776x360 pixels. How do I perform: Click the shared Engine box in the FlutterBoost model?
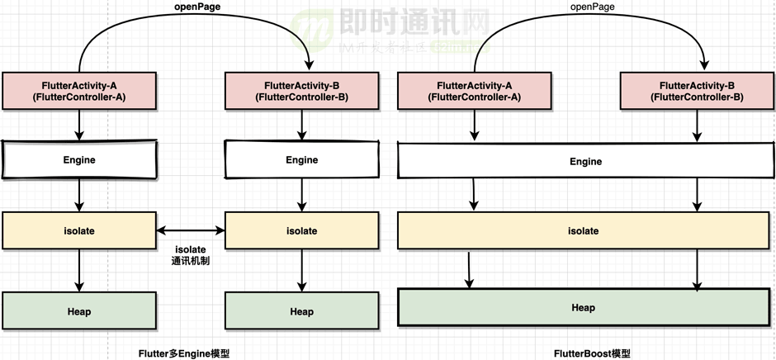pyautogui.click(x=585, y=161)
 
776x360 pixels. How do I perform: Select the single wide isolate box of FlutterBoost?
pyautogui.click(x=585, y=231)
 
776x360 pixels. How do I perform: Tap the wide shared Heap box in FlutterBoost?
pyautogui.click(x=584, y=308)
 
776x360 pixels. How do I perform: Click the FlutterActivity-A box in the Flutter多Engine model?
pyautogui.click(x=79, y=91)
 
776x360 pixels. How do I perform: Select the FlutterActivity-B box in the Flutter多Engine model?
pyautogui.click(x=301, y=91)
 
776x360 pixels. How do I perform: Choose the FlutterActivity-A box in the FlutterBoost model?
pyautogui.click(x=474, y=91)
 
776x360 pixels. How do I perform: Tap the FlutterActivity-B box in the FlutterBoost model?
pyautogui.click(x=697, y=91)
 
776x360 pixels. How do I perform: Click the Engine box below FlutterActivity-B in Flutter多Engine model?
pyautogui.click(x=301, y=160)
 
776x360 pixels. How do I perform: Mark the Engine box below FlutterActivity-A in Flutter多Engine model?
pyautogui.click(x=79, y=159)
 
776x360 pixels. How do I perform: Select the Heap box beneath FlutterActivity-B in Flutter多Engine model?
pyautogui.click(x=301, y=311)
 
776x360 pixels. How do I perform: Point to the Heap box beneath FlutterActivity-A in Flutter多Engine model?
pyautogui.click(x=79, y=311)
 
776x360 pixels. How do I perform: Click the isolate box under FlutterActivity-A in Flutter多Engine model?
pyautogui.click(x=79, y=230)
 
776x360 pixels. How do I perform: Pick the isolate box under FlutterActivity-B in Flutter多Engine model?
pyautogui.click(x=301, y=230)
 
